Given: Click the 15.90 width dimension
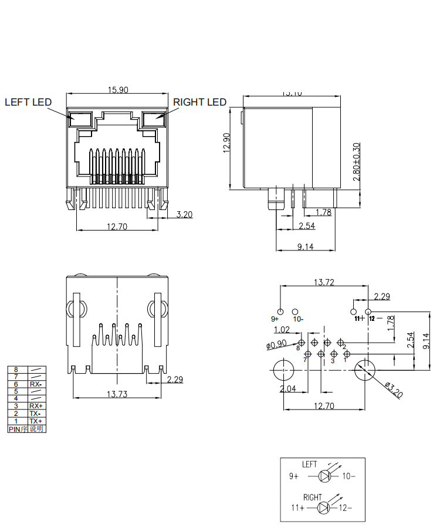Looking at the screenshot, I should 117,90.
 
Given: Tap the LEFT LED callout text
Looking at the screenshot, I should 28,102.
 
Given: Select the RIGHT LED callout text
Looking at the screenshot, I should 199,102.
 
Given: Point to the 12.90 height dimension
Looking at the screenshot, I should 226,143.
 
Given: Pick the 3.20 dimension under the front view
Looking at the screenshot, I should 184,214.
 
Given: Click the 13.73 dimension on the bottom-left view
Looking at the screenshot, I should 117,394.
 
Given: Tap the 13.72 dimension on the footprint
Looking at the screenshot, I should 324,282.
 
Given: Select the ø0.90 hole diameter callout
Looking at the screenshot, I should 276,345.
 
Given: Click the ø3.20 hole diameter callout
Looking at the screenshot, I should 394,390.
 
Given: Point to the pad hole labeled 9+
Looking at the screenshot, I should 280,312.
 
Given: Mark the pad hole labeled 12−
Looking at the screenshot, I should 368,312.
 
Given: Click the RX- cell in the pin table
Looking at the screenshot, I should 36,384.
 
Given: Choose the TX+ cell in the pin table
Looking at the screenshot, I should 36,421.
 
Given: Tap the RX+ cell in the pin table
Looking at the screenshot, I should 36,406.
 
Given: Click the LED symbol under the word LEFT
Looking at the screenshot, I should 324,476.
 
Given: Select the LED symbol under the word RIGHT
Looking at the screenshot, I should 324,507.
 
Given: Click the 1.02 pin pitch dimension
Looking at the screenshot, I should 282,330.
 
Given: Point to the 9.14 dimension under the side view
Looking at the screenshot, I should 305,247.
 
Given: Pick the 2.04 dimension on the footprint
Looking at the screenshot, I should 287,389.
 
